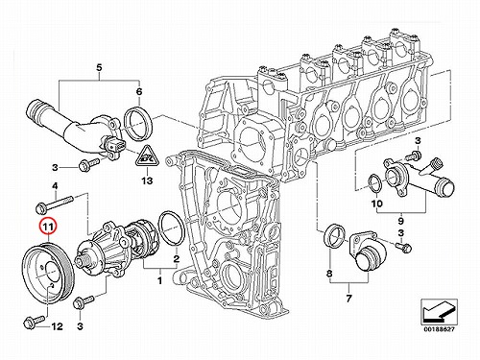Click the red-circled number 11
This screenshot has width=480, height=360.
48,228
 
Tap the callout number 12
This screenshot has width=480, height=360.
57,326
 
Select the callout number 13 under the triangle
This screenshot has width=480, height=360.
147,180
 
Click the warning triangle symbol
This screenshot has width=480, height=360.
146,156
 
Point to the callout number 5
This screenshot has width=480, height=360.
99,68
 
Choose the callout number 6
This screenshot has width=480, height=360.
139,92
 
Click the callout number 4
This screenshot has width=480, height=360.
55,185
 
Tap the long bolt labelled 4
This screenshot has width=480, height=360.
55,204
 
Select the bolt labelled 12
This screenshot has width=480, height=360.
35,322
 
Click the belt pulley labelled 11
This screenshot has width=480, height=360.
48,276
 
